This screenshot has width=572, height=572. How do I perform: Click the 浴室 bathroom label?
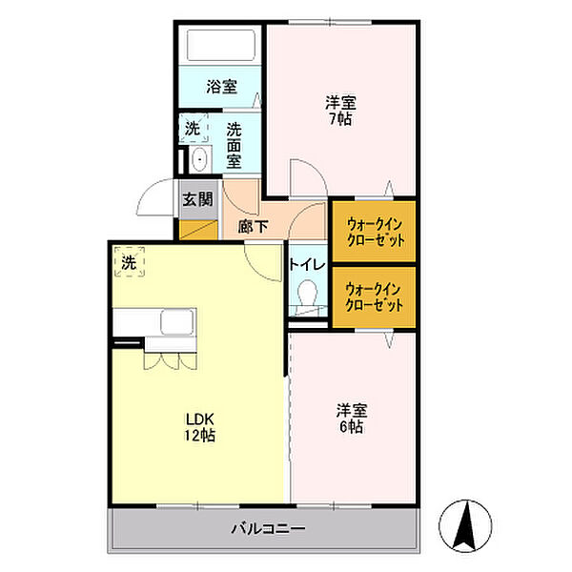coord(221,87)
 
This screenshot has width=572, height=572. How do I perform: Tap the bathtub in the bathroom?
coord(221,45)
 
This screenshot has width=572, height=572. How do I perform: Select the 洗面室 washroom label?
coord(234,146)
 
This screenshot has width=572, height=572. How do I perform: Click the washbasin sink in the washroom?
coord(199,159)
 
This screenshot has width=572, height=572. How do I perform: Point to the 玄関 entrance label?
coord(197,199)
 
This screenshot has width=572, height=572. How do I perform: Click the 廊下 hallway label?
coord(254,227)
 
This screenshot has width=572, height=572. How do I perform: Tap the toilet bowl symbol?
coord(308,293)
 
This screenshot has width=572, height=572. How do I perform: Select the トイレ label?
coord(307,265)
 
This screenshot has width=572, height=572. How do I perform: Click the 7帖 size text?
coord(340,119)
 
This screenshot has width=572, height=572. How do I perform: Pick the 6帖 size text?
coord(351,426)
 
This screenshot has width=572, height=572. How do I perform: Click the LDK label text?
coord(199,419)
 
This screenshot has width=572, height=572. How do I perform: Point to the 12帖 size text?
coord(199,436)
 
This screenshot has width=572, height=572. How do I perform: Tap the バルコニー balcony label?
coord(269,528)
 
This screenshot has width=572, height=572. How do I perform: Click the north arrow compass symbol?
coord(465,526)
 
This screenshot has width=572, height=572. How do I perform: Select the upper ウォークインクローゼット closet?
coord(375,231)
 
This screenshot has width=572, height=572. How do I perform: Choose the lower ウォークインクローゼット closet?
coord(375,296)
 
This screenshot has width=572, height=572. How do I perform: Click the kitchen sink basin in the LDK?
coord(177,322)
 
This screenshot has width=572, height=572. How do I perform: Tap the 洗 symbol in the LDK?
coord(130,262)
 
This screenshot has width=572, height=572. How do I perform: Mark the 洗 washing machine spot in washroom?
coord(193,128)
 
